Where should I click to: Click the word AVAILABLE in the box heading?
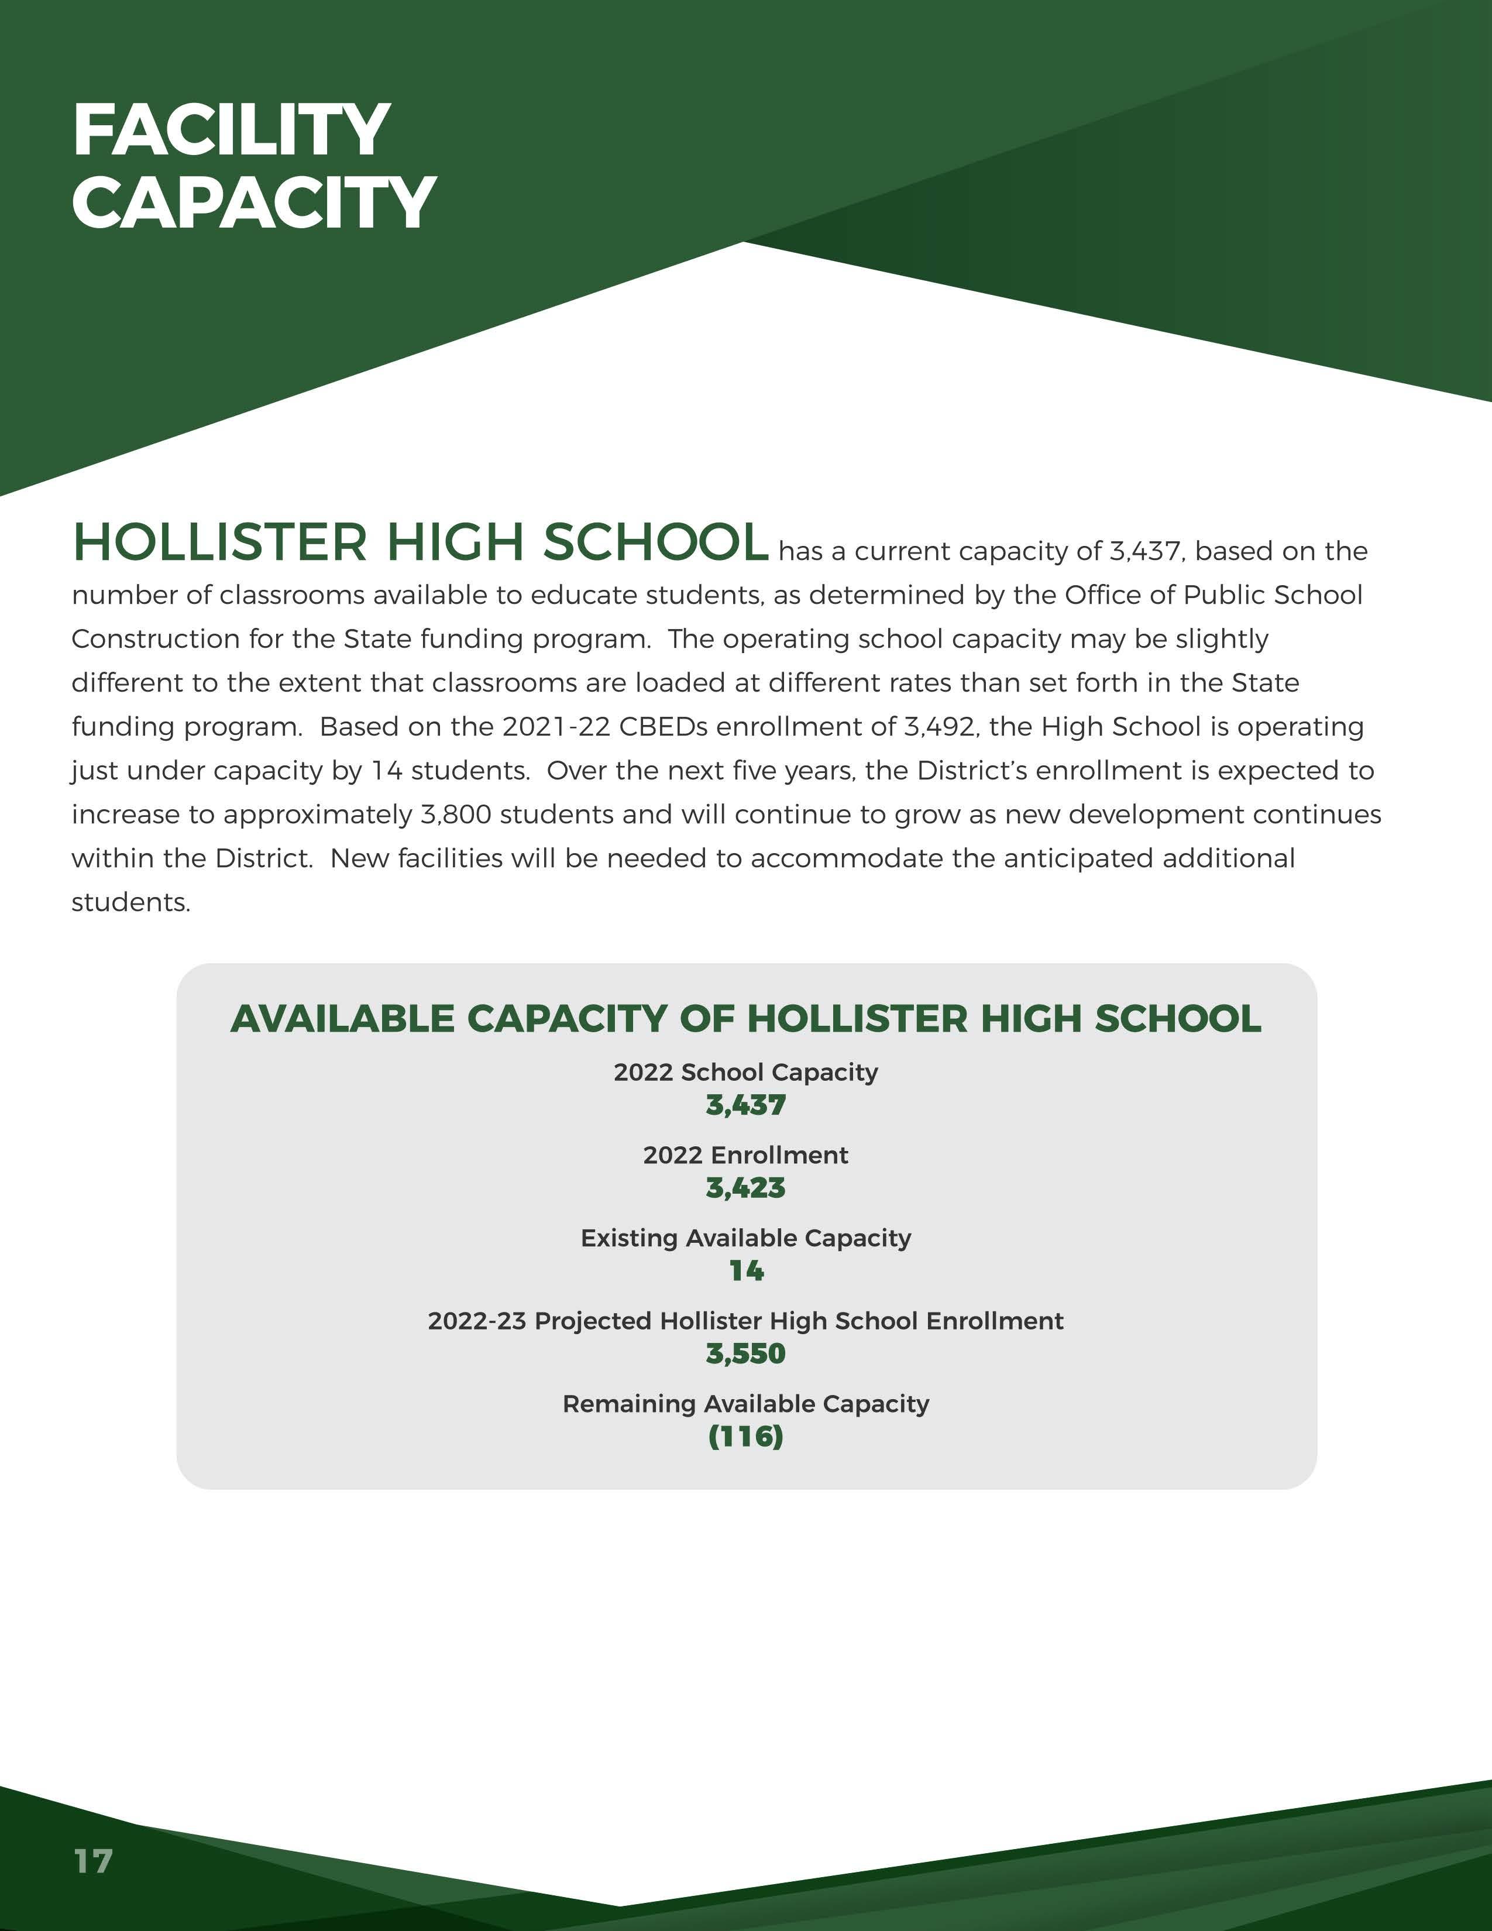click(x=342, y=1019)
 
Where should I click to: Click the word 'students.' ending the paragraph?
click(x=131, y=903)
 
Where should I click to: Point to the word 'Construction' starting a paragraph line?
click(x=154, y=639)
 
